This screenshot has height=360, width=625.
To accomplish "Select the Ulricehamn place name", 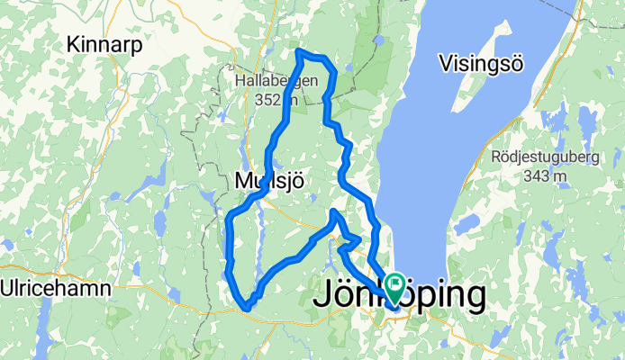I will [56, 289].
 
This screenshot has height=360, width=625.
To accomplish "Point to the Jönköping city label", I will [402, 295].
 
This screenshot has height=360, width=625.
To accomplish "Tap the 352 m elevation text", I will [276, 100].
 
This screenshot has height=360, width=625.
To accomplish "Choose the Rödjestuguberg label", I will [546, 156].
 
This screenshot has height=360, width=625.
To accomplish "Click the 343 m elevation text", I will [546, 175].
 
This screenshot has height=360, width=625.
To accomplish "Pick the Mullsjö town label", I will [268, 181].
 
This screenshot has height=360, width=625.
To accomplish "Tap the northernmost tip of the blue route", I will [298, 51].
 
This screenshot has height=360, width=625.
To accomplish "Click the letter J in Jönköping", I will [322, 295].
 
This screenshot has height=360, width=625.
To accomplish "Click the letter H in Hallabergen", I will [240, 81].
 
